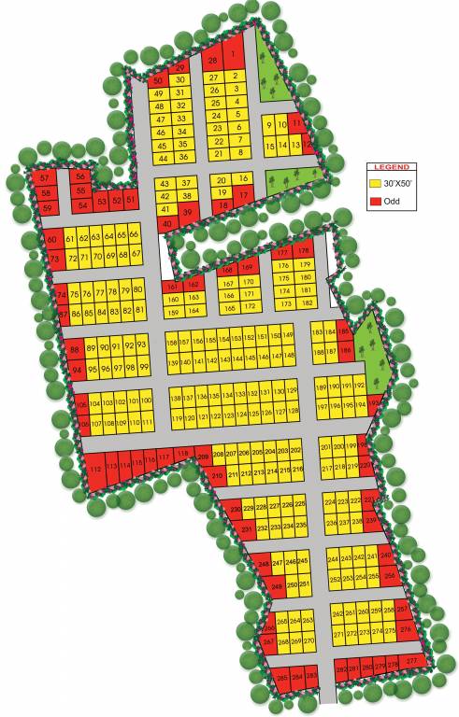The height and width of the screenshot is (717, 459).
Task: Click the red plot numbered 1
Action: click(x=234, y=56)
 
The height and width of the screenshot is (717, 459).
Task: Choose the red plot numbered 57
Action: click(x=44, y=177)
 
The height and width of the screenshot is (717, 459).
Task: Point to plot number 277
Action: click(x=412, y=662)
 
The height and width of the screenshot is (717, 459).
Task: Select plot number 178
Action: click(x=303, y=252)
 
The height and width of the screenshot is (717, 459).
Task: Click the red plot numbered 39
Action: click(x=186, y=212)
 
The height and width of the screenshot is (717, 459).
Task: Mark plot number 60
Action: click(x=52, y=239)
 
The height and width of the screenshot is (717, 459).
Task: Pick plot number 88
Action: click(x=76, y=350)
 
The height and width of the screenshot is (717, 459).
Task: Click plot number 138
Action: click(x=176, y=398)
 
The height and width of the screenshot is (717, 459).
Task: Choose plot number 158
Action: click(x=172, y=342)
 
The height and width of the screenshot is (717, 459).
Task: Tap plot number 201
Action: click(x=325, y=446)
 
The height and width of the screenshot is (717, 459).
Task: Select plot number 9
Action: click(x=270, y=125)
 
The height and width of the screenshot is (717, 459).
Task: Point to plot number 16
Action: click(x=243, y=178)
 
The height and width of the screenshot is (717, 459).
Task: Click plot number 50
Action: click(x=158, y=80)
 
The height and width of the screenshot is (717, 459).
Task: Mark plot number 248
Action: click(x=264, y=564)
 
